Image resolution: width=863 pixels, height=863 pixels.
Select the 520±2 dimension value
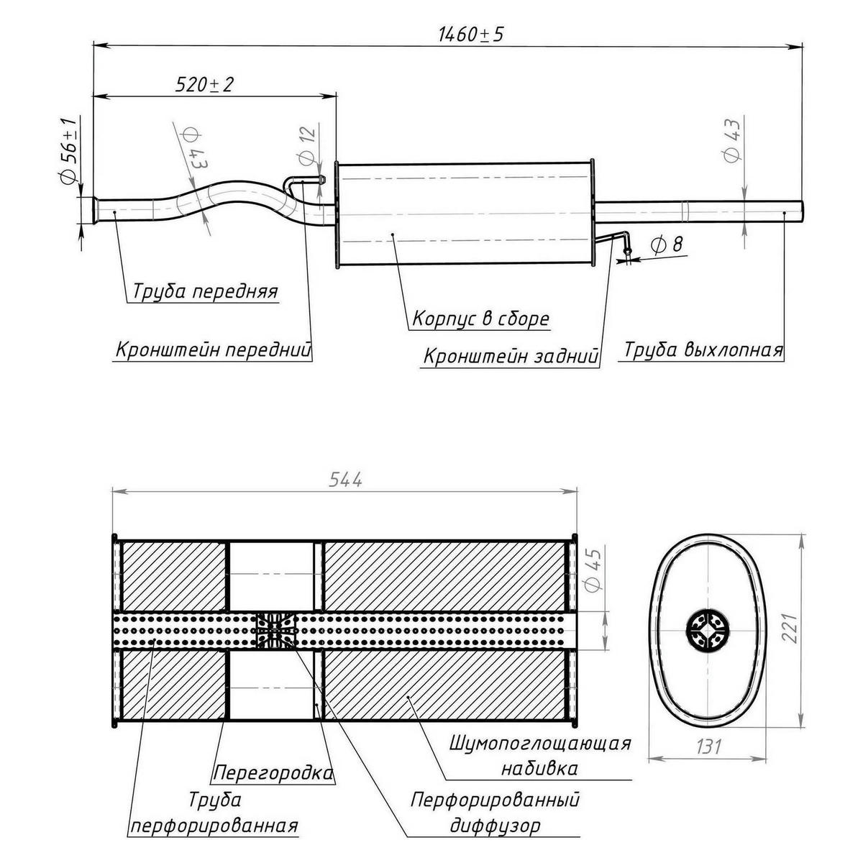pyautogui.click(x=205, y=84)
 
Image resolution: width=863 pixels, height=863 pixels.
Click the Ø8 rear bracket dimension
pyautogui.click(x=667, y=245)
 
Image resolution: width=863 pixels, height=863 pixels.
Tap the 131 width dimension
pyautogui.click(x=708, y=746)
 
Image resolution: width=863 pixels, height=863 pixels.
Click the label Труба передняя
pyautogui.click(x=205, y=291)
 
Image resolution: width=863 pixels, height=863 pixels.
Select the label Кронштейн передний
pyautogui.click(x=214, y=350)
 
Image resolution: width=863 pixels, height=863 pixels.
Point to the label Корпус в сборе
pyautogui.click(x=480, y=319)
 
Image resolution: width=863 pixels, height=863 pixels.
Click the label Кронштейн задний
pyautogui.click(x=511, y=357)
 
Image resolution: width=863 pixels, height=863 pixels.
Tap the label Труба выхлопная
pyautogui.click(x=703, y=350)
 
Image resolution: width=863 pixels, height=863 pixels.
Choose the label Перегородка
pyautogui.click(x=273, y=773)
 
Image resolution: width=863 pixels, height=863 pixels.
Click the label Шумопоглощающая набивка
pyautogui.click(x=540, y=755)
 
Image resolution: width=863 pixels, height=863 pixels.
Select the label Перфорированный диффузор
pyautogui.click(x=496, y=813)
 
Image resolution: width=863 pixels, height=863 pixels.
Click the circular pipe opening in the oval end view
pyautogui.click(x=708, y=631)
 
